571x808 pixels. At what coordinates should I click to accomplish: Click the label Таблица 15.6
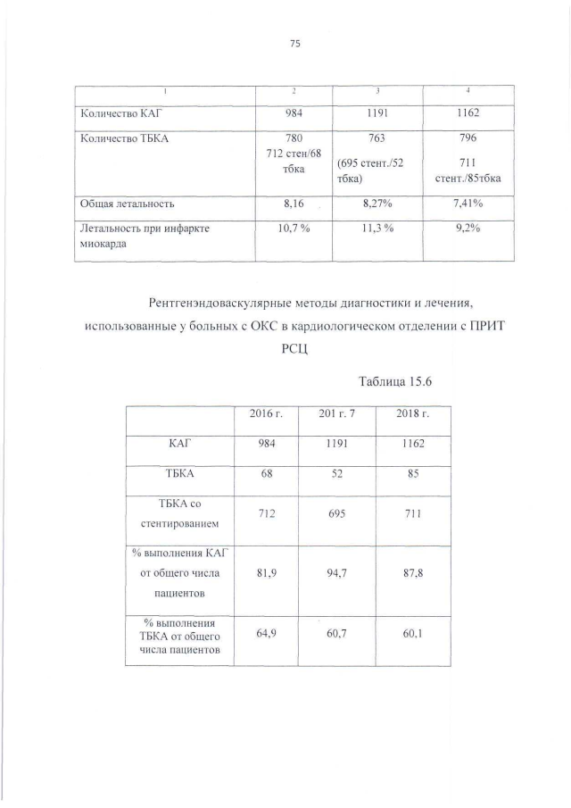coord(394,382)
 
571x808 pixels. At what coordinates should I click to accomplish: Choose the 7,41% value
coord(468,204)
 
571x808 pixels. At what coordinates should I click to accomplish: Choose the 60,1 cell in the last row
coord(412,634)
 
